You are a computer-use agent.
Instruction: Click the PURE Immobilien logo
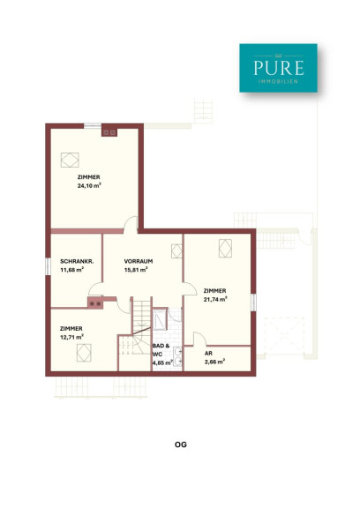278,68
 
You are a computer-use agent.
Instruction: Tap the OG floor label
181,444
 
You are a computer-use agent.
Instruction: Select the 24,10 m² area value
89,186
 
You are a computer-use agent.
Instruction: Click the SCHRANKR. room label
77,261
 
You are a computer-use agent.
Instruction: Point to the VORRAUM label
139,261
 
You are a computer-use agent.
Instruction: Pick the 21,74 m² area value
215,299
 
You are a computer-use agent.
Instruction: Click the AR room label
208,354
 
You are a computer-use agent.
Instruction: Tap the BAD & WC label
161,350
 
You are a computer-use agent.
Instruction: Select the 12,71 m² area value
71,337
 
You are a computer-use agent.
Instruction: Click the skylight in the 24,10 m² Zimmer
70,160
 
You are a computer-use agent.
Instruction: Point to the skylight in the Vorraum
176,251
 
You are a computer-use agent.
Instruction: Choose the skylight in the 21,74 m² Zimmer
225,248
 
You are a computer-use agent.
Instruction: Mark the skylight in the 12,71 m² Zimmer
84,353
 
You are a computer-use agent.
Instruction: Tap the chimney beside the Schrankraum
95,303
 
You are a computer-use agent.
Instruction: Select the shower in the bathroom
160,318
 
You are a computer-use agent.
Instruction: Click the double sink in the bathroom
177,356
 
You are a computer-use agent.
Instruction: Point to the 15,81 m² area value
136,270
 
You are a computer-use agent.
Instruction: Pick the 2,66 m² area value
214,362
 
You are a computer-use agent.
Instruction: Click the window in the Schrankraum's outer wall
48,266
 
